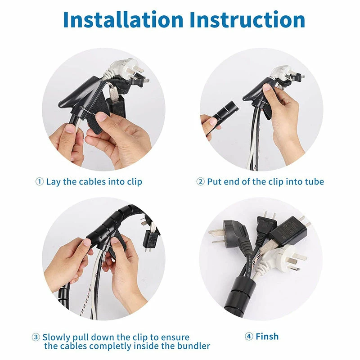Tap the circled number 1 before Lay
(40, 182)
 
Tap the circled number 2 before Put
(201, 182)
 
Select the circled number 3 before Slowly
(36, 337)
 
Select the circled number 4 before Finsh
(249, 337)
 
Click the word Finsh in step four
(267, 337)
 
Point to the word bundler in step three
(193, 346)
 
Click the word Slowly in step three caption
(57, 337)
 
